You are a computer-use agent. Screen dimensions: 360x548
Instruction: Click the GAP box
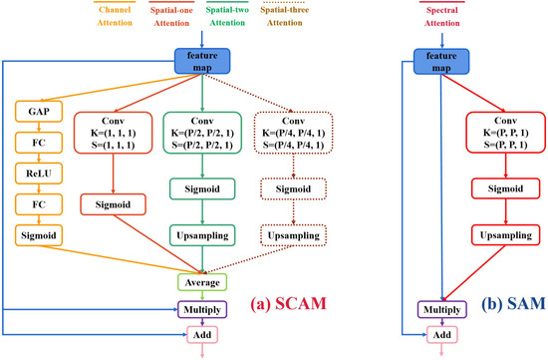click(x=38, y=110)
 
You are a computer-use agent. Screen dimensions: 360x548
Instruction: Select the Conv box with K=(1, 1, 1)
click(x=110, y=131)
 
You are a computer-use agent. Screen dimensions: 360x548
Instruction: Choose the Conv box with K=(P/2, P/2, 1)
click(x=202, y=131)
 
